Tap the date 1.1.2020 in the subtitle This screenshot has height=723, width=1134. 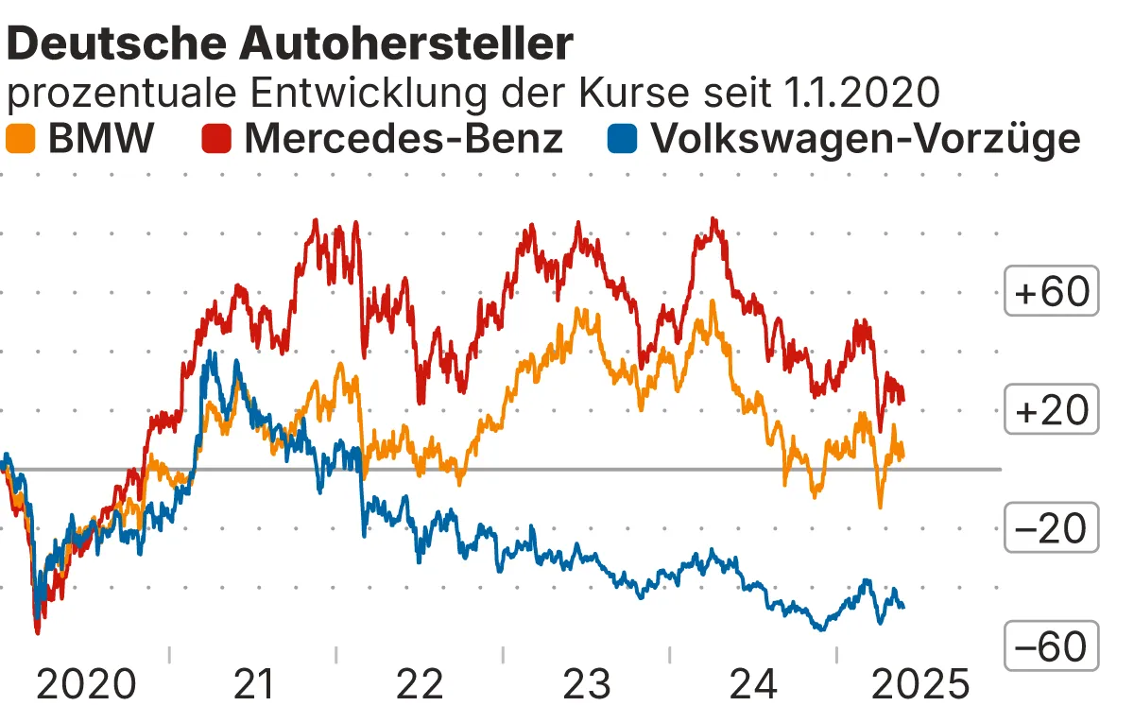[862, 93]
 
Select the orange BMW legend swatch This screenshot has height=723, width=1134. [21, 140]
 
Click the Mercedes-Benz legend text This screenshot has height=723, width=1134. [404, 139]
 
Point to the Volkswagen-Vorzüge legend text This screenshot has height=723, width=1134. [866, 139]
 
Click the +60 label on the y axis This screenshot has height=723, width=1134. [1052, 293]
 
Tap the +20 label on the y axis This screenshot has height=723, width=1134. [1052, 411]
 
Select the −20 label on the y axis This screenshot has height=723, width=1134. [1052, 529]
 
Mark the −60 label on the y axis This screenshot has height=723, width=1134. [1052, 647]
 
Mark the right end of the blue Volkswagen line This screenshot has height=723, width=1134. [903, 607]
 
